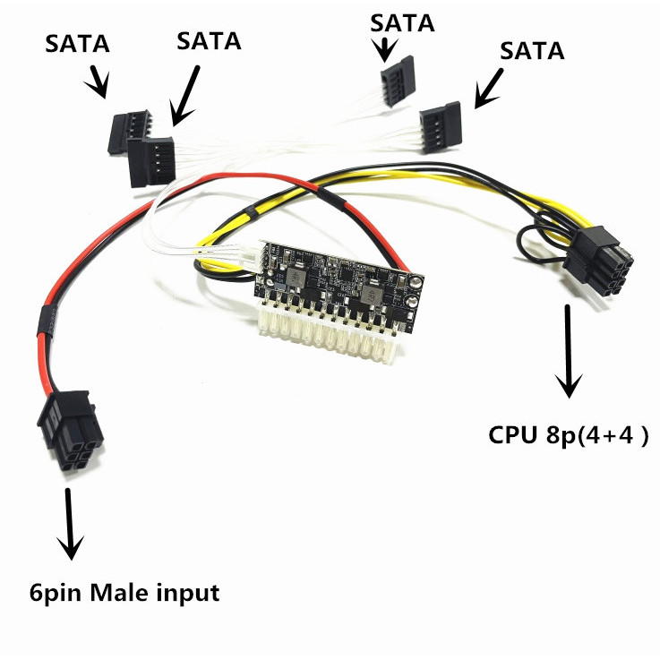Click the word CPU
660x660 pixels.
(x=514, y=436)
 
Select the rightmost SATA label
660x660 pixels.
(x=532, y=51)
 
